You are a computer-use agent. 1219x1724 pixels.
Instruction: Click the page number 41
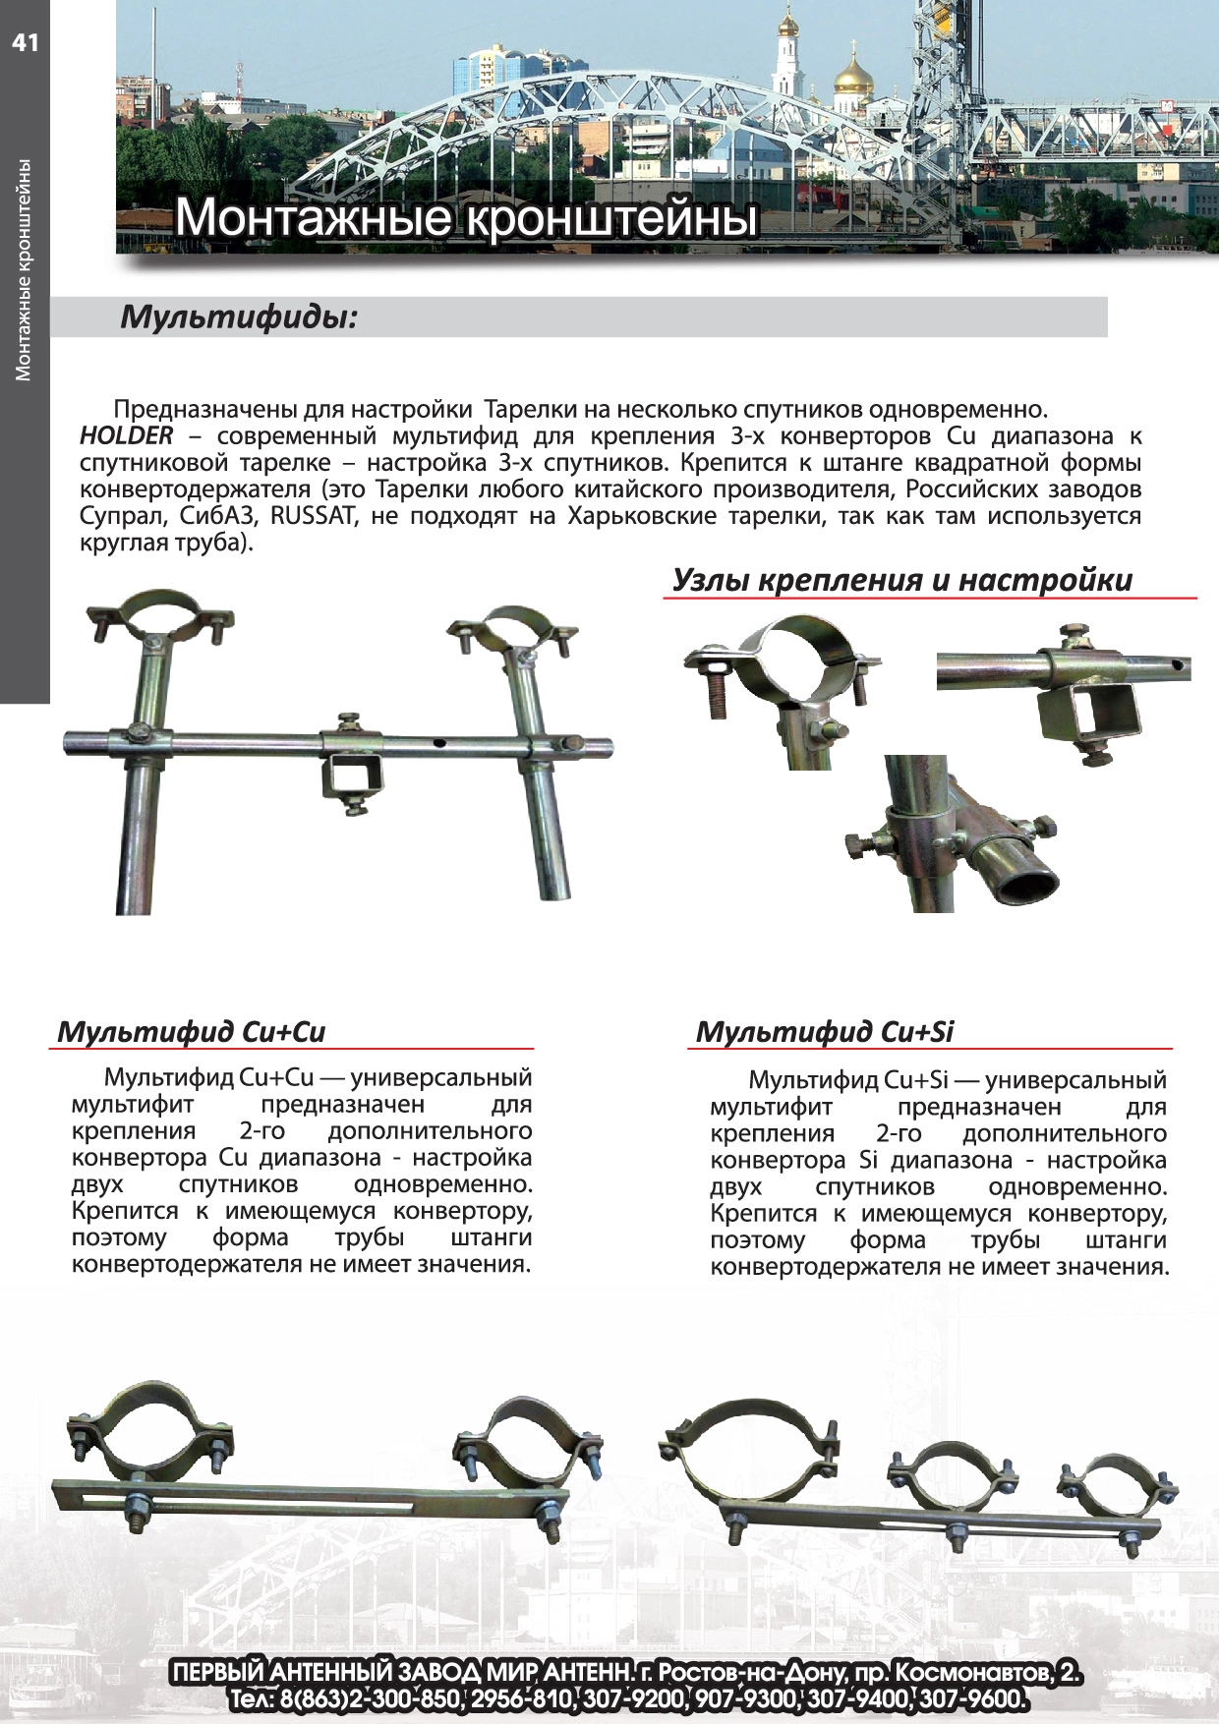coord(25,42)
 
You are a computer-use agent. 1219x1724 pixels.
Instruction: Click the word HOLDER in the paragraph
coord(126,435)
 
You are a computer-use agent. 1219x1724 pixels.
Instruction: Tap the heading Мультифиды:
coord(238,317)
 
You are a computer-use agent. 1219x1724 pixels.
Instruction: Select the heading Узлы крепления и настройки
coord(901,580)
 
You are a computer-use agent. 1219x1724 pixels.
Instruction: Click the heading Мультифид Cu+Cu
coord(191,1031)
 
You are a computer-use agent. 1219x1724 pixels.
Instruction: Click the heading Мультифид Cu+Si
coord(824,1031)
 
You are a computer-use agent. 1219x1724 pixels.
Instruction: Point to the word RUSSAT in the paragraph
coord(312,515)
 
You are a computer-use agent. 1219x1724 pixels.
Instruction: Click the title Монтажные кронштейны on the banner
coord(467,217)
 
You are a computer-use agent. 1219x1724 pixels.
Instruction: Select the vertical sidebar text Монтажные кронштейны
coord(24,269)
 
